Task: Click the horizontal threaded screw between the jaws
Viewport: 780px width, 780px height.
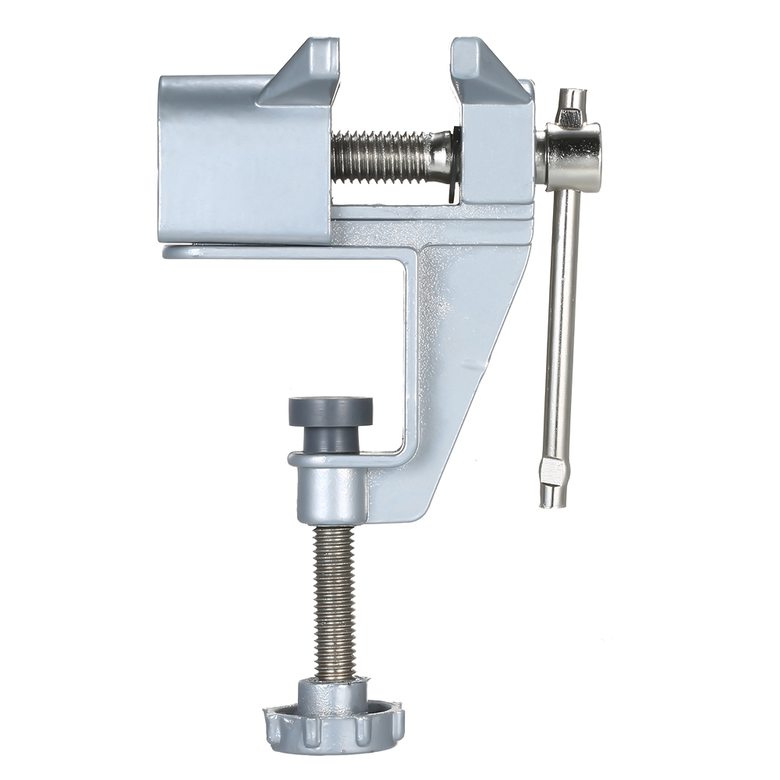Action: [382, 156]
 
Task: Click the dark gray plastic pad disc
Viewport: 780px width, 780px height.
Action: [331, 410]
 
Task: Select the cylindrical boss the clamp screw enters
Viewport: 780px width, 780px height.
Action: [331, 491]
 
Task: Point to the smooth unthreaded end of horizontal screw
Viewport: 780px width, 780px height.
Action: [441, 152]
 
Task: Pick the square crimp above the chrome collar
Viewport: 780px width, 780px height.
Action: [569, 118]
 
